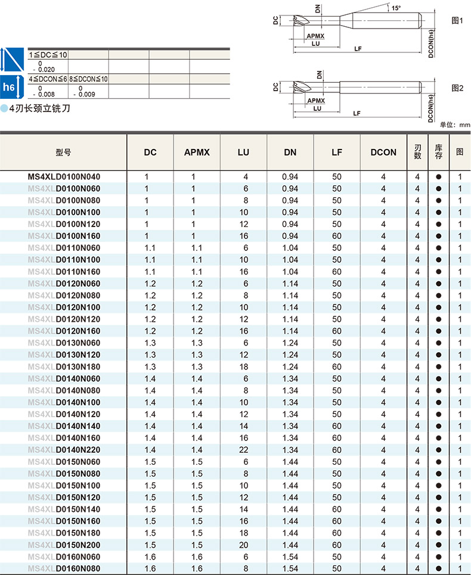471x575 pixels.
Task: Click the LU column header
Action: pyautogui.click(x=243, y=152)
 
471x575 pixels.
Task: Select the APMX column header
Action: pyautogui.click(x=197, y=152)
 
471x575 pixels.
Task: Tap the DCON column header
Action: pyautogui.click(x=383, y=152)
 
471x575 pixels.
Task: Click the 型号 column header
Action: pyautogui.click(x=63, y=152)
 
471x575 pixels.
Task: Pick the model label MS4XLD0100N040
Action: pyautogui.click(x=64, y=176)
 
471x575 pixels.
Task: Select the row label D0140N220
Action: pyautogui.click(x=78, y=450)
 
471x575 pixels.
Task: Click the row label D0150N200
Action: pyautogui.click(x=78, y=545)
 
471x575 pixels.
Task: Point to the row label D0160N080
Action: pyautogui.click(x=78, y=569)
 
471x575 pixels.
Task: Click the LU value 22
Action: pyautogui.click(x=243, y=450)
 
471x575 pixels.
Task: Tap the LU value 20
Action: pyautogui.click(x=243, y=545)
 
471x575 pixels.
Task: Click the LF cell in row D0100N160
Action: pyautogui.click(x=337, y=236)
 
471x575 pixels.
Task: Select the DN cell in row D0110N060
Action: pyautogui.click(x=290, y=248)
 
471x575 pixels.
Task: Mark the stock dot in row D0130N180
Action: pyautogui.click(x=439, y=367)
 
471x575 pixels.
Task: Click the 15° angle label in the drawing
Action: pyautogui.click(x=396, y=8)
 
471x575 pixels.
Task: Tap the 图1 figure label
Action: pyautogui.click(x=457, y=20)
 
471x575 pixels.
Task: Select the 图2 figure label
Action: pyautogui.click(x=457, y=88)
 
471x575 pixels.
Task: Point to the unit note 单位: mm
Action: pyautogui.click(x=455, y=125)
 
